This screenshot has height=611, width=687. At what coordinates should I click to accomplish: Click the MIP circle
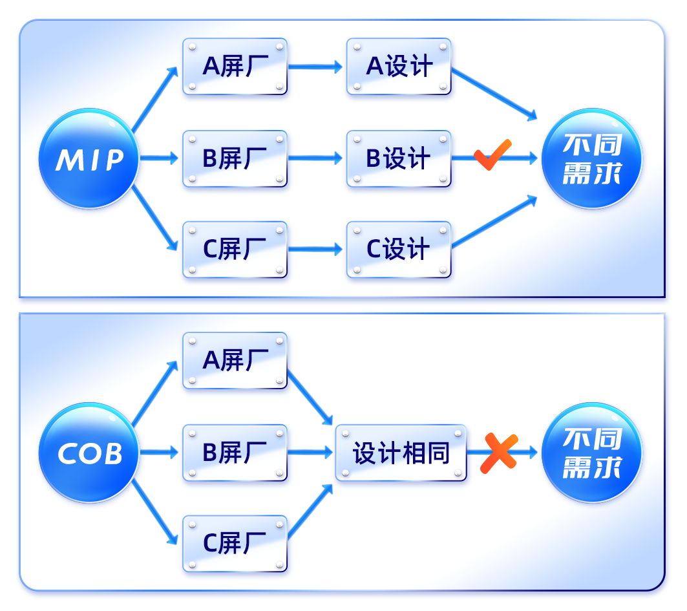(x=89, y=159)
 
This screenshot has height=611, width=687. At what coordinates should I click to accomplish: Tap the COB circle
(x=89, y=453)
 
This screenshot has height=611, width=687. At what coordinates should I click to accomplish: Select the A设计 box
(x=399, y=67)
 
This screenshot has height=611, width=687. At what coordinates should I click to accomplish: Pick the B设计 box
(x=399, y=158)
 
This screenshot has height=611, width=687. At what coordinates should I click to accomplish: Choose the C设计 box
(x=399, y=250)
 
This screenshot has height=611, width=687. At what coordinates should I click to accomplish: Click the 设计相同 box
(x=401, y=453)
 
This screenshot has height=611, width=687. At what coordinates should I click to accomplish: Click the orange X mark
(x=499, y=452)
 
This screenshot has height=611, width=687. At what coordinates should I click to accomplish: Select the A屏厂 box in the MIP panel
(x=235, y=67)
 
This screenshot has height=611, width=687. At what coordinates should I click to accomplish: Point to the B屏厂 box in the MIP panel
(x=235, y=158)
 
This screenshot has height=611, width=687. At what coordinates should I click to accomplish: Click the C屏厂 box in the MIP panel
(x=235, y=250)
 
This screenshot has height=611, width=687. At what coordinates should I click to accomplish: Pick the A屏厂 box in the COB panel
(x=235, y=361)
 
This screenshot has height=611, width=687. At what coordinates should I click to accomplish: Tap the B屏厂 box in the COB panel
(x=235, y=453)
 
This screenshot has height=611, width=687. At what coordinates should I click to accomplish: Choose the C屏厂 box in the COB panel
(x=235, y=544)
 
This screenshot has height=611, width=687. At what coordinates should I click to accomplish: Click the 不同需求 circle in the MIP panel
(x=591, y=159)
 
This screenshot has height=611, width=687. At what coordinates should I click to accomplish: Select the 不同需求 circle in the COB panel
(x=591, y=453)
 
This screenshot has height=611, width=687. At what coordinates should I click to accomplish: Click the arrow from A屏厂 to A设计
(x=315, y=66)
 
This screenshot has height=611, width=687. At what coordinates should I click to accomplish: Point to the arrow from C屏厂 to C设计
(x=315, y=249)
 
